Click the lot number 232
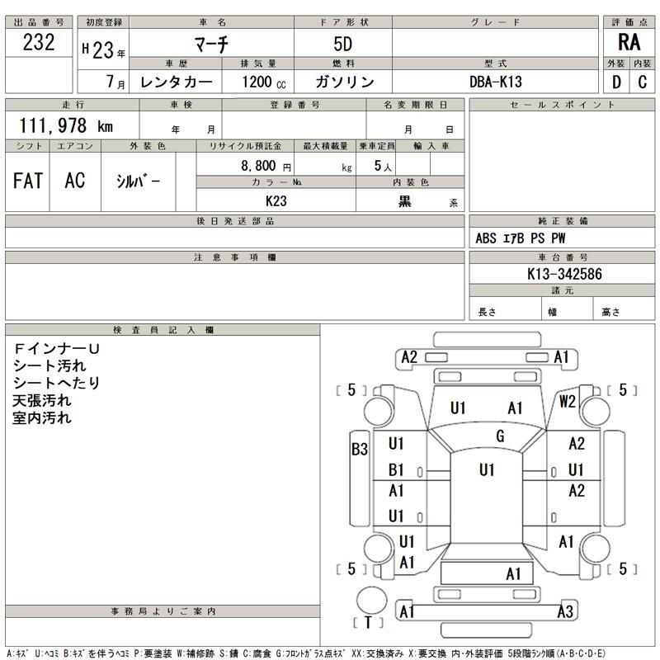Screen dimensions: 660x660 pos(40,44)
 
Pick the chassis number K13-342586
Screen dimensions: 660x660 pos(563,273)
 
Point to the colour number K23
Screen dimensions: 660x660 pos(276,200)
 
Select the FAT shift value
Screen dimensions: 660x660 pos(28,181)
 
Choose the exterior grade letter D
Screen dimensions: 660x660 pos(616,82)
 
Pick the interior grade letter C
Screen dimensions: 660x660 pos(642,82)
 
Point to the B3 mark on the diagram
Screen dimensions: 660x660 pos(360,450)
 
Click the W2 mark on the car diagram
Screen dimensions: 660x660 pos(567,402)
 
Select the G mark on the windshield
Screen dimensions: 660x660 pos(500,436)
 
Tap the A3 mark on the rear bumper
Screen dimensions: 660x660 pos(565,611)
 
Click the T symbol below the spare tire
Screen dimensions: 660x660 pos(368,623)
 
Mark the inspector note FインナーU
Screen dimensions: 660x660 pos(56,349)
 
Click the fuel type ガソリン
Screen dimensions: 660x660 pos(345,82)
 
